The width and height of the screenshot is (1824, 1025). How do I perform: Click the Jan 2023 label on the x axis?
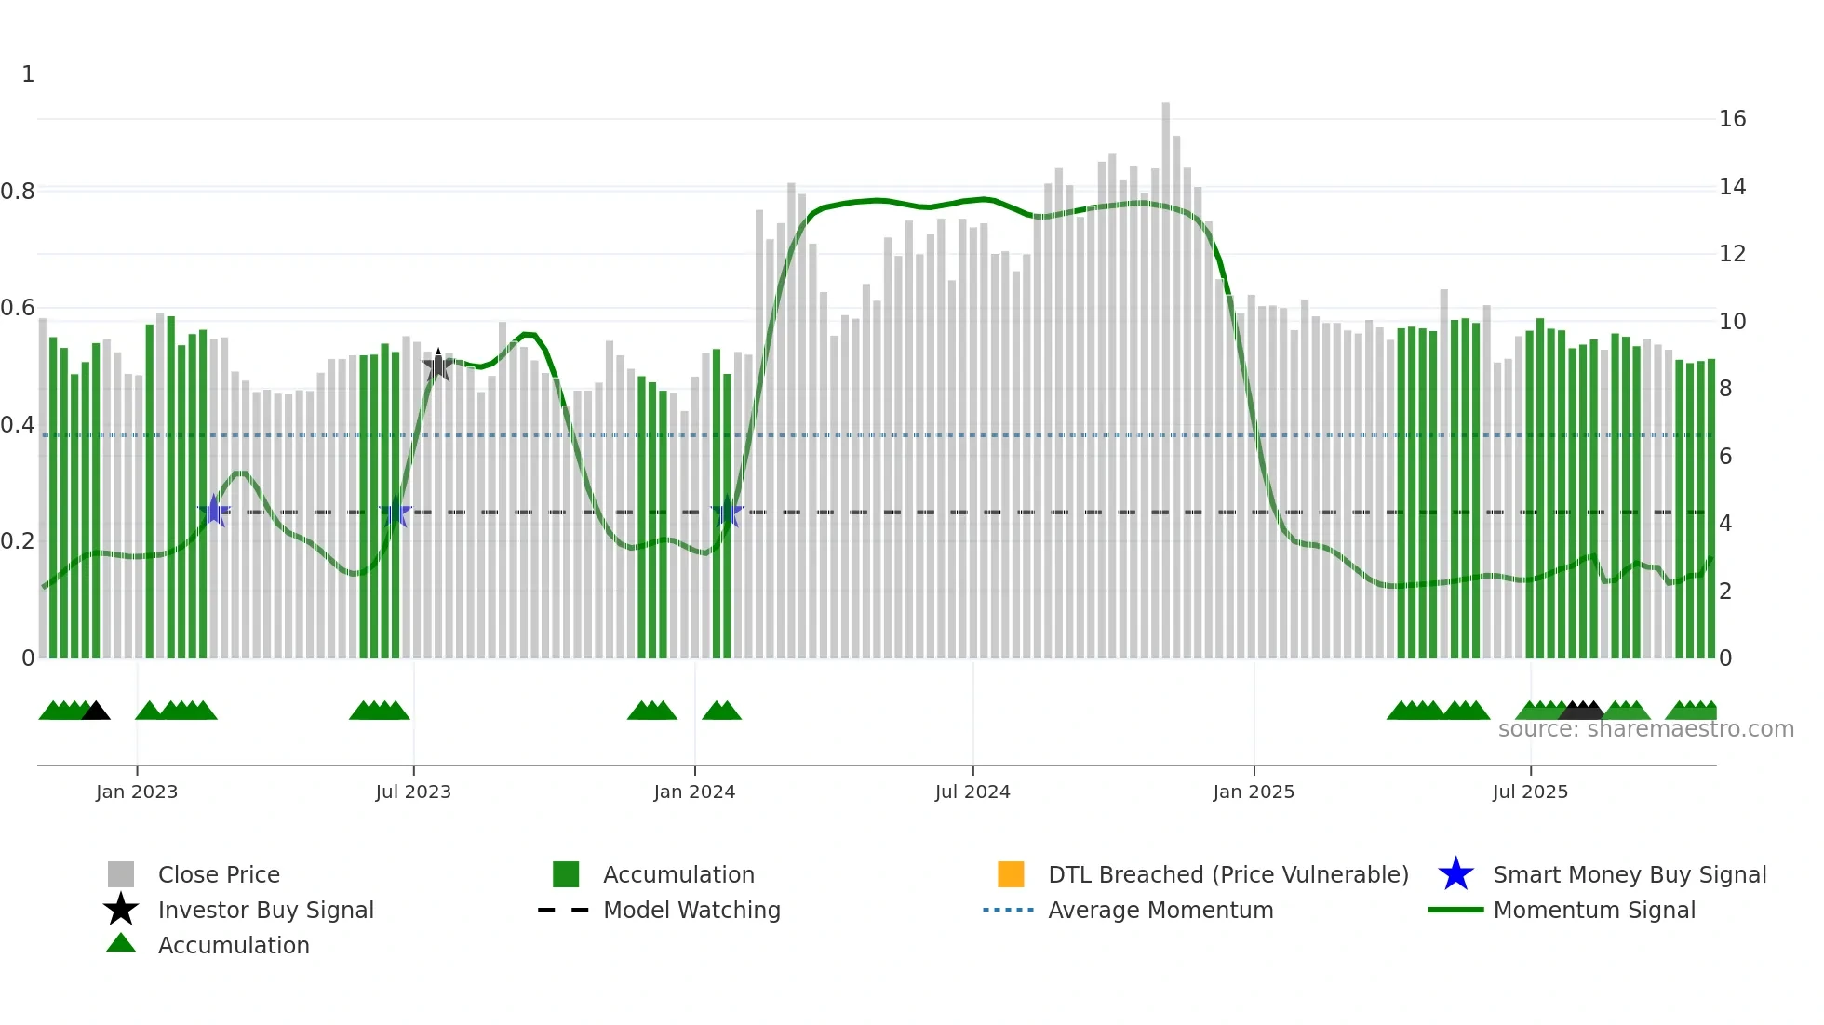[x=137, y=792]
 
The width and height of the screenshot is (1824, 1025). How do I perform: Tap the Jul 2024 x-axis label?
[x=972, y=792]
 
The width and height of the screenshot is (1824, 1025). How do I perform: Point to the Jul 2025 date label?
[x=1530, y=792]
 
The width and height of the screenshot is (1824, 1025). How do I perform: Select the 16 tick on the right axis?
[x=1732, y=119]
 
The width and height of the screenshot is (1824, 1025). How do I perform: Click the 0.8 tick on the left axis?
[x=18, y=192]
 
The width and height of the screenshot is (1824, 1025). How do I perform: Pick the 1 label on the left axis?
[x=28, y=74]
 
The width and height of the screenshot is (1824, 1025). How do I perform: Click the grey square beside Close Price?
[x=121, y=874]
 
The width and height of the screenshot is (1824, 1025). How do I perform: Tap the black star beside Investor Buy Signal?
[x=121, y=910]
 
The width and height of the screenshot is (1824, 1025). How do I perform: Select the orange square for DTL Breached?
[x=1011, y=874]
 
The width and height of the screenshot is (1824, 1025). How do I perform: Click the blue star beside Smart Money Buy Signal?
[x=1455, y=874]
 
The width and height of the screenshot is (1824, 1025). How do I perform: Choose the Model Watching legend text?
[x=691, y=910]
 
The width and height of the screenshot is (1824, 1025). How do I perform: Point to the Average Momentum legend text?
[x=1160, y=910]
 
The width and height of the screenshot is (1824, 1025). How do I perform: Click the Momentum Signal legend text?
[x=1594, y=910]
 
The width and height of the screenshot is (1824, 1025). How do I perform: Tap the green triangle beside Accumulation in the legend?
[x=121, y=943]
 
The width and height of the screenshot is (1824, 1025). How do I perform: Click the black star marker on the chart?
[x=438, y=366]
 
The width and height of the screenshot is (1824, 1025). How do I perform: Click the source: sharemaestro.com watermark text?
[x=1645, y=729]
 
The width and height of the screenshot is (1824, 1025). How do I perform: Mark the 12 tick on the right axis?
[x=1732, y=254]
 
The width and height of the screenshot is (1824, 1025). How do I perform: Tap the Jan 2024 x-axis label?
[x=694, y=792]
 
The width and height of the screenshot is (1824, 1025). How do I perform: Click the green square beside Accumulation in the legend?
[x=566, y=874]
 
